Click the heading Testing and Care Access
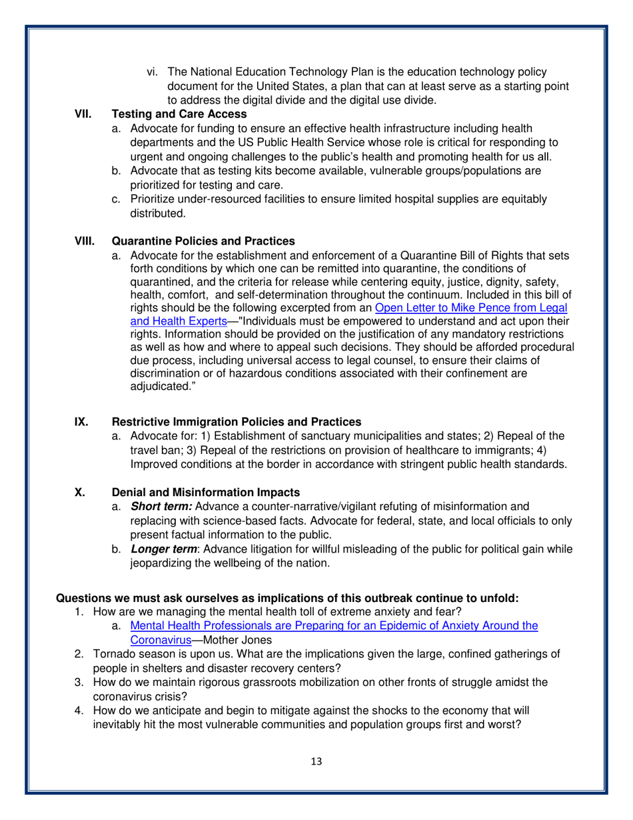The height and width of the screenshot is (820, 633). pos(171,114)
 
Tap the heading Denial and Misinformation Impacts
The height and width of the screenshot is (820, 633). pos(205,493)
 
